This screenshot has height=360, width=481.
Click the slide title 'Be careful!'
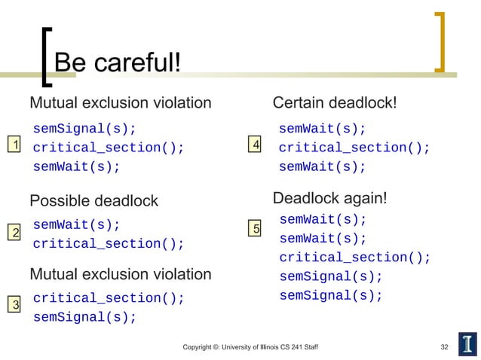118,63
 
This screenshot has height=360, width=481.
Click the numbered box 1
13,146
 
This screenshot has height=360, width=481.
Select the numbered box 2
13,233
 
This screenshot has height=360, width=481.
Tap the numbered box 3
13,304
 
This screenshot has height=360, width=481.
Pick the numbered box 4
257,144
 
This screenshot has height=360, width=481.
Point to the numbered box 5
257,228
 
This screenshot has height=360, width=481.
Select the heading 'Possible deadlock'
93,201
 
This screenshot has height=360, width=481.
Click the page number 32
444,346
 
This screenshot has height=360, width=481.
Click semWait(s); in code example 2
76,224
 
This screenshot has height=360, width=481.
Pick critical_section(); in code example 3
108,297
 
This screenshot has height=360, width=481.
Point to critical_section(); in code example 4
354,148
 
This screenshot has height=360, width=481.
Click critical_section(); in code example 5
354,258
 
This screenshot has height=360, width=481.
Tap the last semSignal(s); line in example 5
331,295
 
